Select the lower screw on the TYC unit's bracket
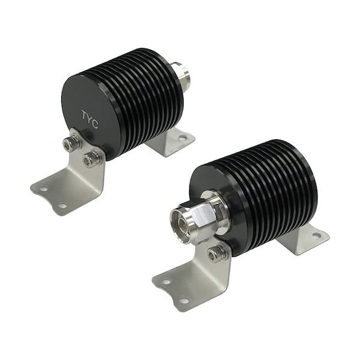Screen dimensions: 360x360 tap(92, 158)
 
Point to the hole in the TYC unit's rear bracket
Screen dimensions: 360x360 tap(182, 138)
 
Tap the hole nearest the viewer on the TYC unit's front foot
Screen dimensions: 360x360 tap(63, 205)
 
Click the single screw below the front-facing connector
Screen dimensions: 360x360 tap(217, 254)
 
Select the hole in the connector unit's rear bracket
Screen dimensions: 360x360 tap(316, 235)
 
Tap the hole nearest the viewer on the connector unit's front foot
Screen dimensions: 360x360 tap(184, 300)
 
